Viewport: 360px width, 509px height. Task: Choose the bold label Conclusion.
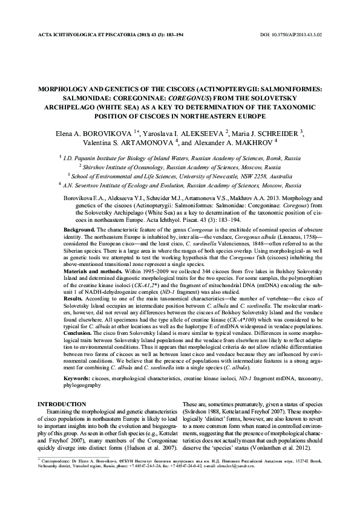80,330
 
